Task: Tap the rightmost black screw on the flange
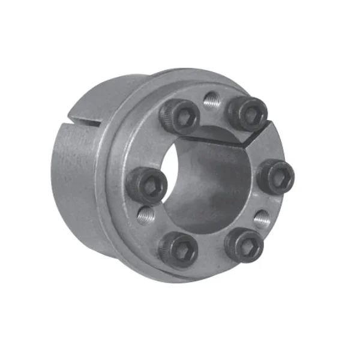point(275,176)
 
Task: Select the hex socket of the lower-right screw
point(246,242)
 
